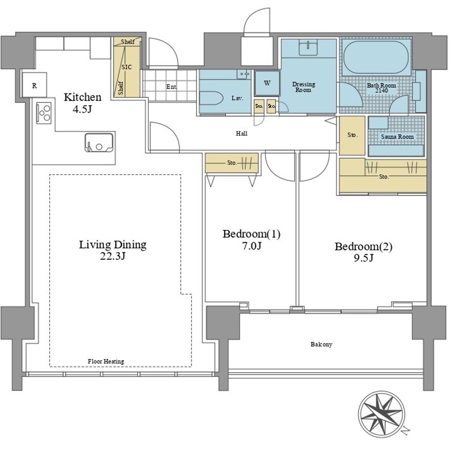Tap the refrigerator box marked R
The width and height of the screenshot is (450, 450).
click(x=34, y=85)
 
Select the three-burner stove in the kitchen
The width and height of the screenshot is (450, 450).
click(x=44, y=113)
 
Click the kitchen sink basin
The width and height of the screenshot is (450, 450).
click(x=99, y=143)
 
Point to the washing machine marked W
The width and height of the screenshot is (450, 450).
click(x=267, y=83)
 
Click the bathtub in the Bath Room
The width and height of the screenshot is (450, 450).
click(x=376, y=58)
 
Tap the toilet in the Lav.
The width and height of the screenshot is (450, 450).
click(x=211, y=99)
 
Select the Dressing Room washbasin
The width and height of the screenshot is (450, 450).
click(x=308, y=48)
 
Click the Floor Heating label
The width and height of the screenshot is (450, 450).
click(x=106, y=361)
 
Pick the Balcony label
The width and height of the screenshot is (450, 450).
click(x=321, y=344)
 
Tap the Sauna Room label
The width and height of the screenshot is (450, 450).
click(x=397, y=137)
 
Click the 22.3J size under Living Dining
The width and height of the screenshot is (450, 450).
click(x=113, y=256)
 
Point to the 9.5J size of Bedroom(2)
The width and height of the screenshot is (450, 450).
click(x=363, y=258)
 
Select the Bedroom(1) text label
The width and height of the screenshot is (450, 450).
click(x=252, y=234)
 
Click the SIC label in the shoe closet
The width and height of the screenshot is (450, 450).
click(x=126, y=67)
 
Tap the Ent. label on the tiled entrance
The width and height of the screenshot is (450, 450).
click(x=171, y=87)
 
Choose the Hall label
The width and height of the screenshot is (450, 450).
click(x=241, y=134)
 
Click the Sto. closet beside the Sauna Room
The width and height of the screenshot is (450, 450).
click(x=352, y=135)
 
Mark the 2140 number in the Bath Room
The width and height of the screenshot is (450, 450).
click(x=382, y=91)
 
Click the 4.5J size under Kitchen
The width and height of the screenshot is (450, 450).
click(x=82, y=109)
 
